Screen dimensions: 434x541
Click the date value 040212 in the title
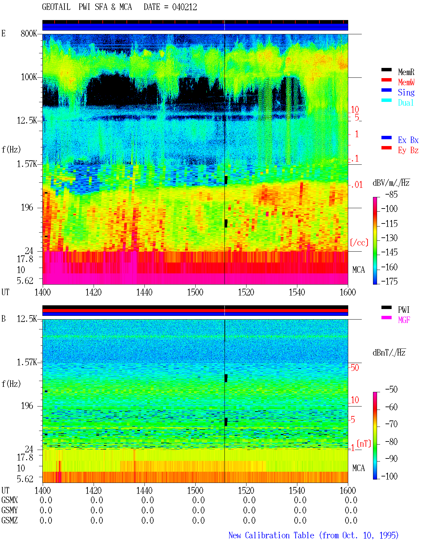184,7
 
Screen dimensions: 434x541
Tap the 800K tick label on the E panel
29,33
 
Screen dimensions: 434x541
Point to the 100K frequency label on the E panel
29,77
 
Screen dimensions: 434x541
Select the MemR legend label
406,72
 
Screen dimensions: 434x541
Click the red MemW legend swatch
386,80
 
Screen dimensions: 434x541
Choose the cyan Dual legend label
406,103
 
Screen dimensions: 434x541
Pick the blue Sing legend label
406,92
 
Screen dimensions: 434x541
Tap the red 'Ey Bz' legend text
408,150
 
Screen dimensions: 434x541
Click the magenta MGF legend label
404,320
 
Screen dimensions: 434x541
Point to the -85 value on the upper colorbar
391,195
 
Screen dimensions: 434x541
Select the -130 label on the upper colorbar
389,238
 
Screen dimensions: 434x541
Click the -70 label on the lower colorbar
391,424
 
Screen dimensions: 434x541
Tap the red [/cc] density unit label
359,242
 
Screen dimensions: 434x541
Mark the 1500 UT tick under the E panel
195,292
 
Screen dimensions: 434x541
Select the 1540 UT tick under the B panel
297,490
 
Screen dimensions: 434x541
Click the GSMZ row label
9,520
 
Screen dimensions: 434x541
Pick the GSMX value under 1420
97,500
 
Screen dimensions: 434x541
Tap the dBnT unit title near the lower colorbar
389,353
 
